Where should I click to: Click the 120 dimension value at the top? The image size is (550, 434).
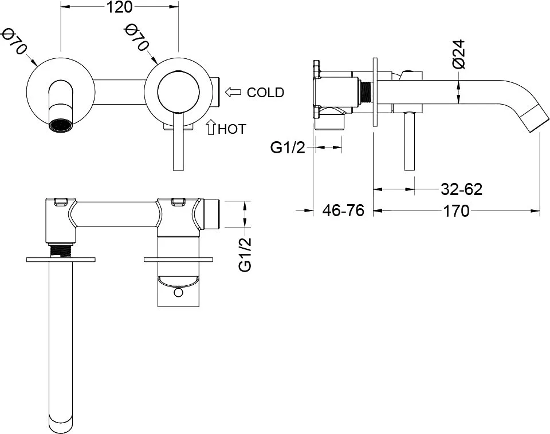pos(119,7)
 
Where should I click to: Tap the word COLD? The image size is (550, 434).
pos(265,93)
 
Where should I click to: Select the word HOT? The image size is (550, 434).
pos(232,129)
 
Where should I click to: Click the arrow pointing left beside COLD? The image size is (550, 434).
pos(233,92)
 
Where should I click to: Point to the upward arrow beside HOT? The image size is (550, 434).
pos(210,127)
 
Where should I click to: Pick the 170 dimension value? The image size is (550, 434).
pos(456,211)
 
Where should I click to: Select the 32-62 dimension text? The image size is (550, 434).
pos(462,189)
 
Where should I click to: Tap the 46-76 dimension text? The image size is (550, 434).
pos(343,210)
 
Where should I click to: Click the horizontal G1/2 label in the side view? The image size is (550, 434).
pos(288,148)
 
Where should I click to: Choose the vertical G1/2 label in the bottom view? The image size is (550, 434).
pos(245,254)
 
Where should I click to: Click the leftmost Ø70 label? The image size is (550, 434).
pos(14,42)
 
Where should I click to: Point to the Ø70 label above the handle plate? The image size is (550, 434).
pos(137,37)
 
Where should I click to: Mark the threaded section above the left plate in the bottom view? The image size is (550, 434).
pos(61,250)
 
